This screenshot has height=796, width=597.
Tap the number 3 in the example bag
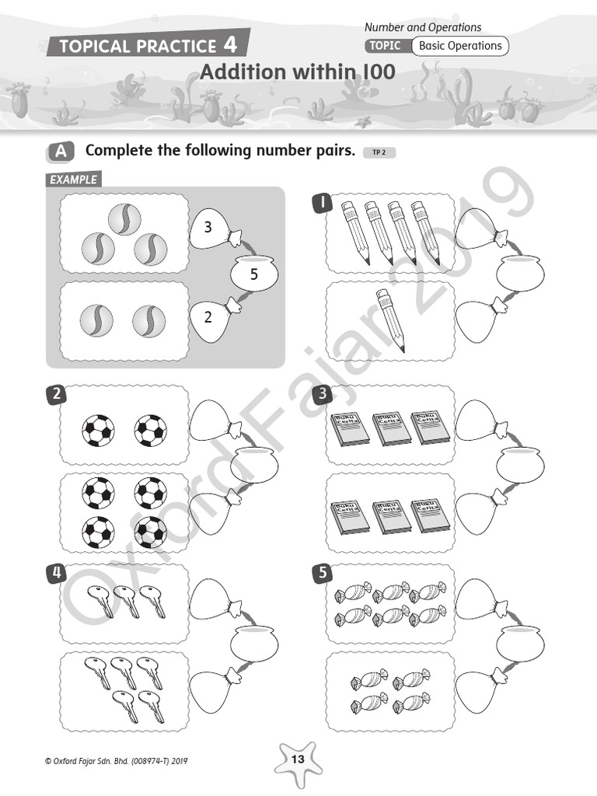tap(208, 228)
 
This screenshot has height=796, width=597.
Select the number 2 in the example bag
tap(208, 317)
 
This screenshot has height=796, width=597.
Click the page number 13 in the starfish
tap(298, 759)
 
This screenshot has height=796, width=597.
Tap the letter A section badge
tap(60, 152)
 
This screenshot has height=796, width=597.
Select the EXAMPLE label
tap(73, 180)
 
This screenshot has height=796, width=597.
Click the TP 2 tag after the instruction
tap(379, 152)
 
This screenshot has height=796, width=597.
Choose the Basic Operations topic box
tap(460, 46)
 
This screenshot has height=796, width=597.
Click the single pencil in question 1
tap(390, 319)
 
